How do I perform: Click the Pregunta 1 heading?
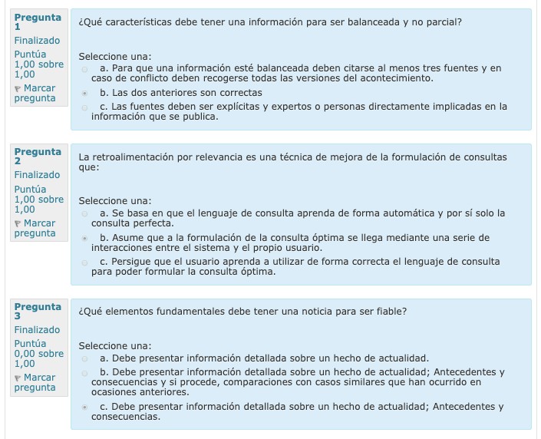[37, 21]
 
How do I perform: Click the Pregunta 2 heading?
[37, 157]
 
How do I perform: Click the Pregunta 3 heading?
[37, 312]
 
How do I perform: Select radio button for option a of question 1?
[84, 69]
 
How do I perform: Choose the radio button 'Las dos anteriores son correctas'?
[84, 93]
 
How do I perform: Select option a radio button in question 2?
[84, 213]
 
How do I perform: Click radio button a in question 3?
[84, 358]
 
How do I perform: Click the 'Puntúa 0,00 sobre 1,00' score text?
[38, 354]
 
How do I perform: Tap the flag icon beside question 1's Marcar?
[18, 89]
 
